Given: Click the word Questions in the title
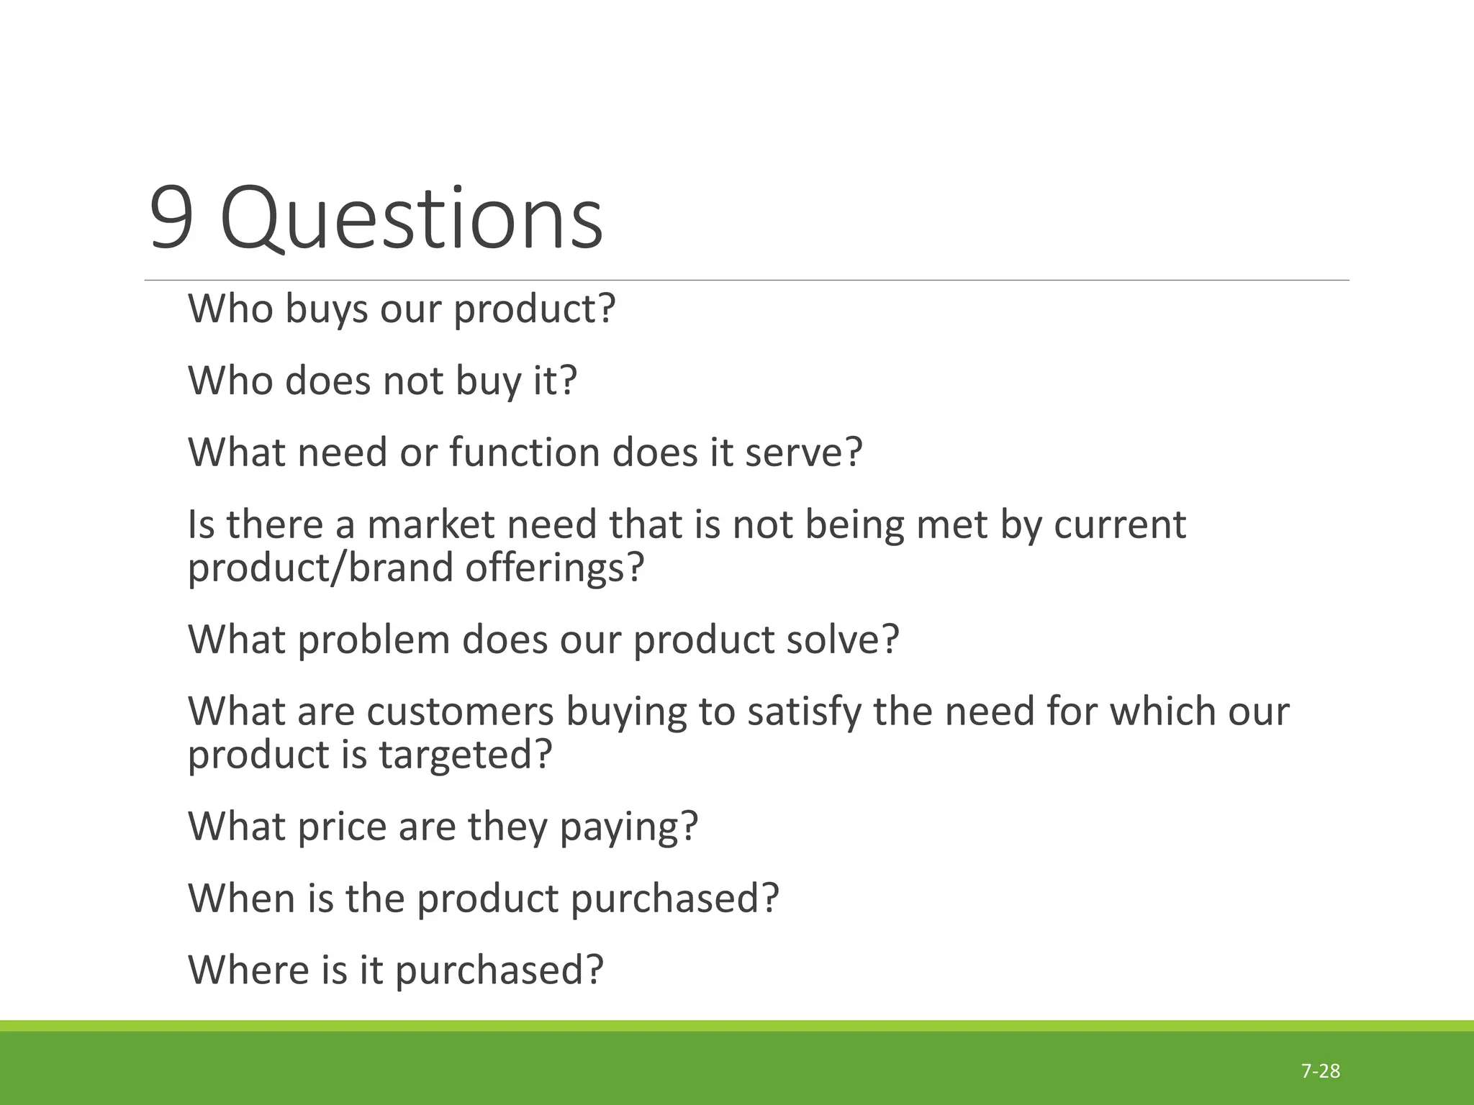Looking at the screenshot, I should (411, 219).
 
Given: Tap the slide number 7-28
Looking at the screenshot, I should (1321, 1071).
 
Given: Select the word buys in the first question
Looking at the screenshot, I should (326, 310).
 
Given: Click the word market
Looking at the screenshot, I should (431, 524).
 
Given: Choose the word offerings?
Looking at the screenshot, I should (553, 568).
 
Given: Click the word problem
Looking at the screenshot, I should (374, 640).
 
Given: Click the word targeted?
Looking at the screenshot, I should (466, 755).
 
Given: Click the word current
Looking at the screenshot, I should (1120, 524).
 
